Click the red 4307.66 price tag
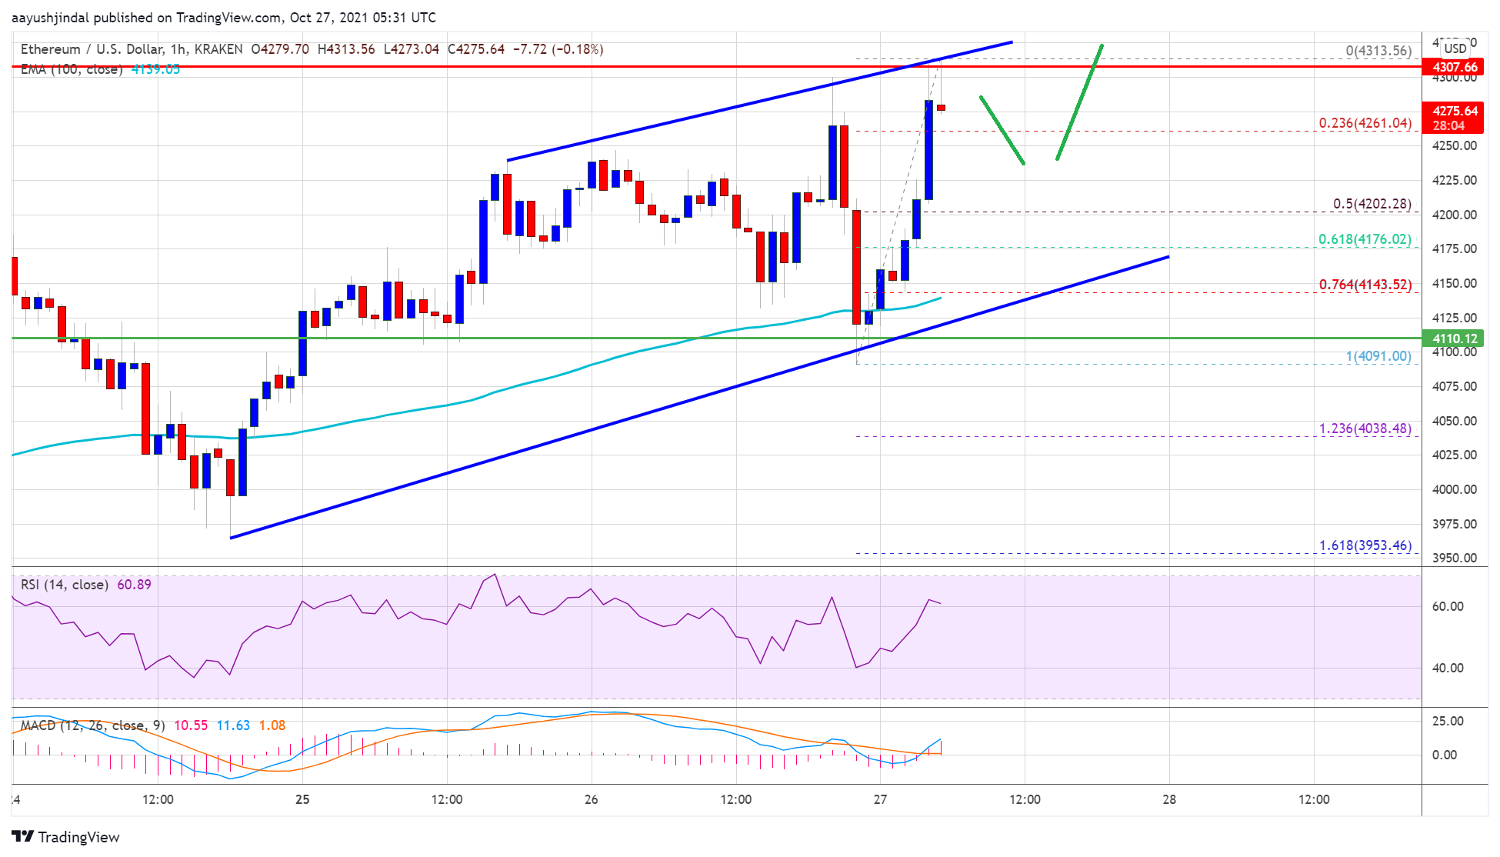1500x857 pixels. [x=1455, y=67]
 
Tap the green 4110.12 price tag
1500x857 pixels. [x=1455, y=338]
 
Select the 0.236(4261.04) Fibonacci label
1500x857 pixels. [x=1365, y=123]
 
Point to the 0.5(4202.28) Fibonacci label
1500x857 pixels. [x=1372, y=204]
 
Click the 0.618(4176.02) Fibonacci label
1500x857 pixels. [x=1365, y=239]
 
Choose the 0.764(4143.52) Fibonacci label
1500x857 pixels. [x=1365, y=285]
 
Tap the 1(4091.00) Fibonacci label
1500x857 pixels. [x=1378, y=356]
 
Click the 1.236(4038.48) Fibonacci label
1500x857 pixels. [x=1365, y=428]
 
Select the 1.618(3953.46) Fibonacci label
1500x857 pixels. [x=1365, y=545]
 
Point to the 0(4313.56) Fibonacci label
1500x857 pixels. [x=1378, y=51]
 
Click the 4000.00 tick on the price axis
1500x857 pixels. [x=1454, y=489]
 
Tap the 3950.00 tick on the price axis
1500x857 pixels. [x=1454, y=558]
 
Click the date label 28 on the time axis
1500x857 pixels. [x=1169, y=799]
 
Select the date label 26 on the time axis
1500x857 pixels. [x=591, y=799]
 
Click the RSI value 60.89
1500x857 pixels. [x=134, y=585]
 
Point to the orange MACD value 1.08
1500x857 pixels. [x=272, y=725]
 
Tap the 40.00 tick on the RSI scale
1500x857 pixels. [x=1447, y=668]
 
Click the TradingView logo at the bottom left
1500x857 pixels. [x=66, y=837]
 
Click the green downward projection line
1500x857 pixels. [x=1002, y=130]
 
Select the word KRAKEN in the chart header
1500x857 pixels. [x=218, y=49]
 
